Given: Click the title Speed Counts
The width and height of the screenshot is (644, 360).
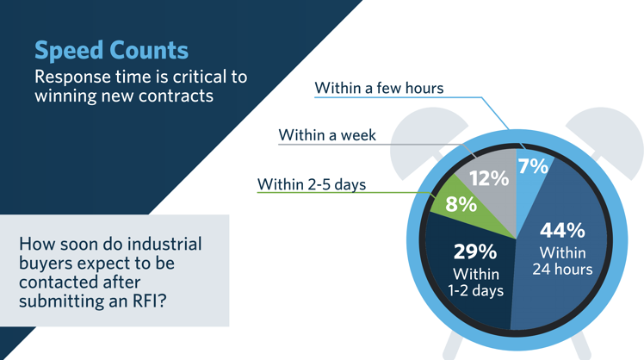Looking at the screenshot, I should (111, 49).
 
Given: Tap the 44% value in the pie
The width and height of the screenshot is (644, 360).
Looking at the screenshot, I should (562, 231).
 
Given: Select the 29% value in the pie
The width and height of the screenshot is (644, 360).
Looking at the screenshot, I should (475, 252).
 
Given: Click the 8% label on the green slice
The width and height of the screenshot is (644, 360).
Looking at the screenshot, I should (461, 205).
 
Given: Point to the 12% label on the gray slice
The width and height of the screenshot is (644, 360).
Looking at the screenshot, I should (487, 179).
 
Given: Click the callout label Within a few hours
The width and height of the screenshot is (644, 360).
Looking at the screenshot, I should (379, 88).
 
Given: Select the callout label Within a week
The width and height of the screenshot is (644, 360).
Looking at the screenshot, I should (327, 135).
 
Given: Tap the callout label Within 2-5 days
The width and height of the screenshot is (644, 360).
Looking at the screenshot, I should (312, 184).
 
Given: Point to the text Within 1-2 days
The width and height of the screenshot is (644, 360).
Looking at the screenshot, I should (475, 282).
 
